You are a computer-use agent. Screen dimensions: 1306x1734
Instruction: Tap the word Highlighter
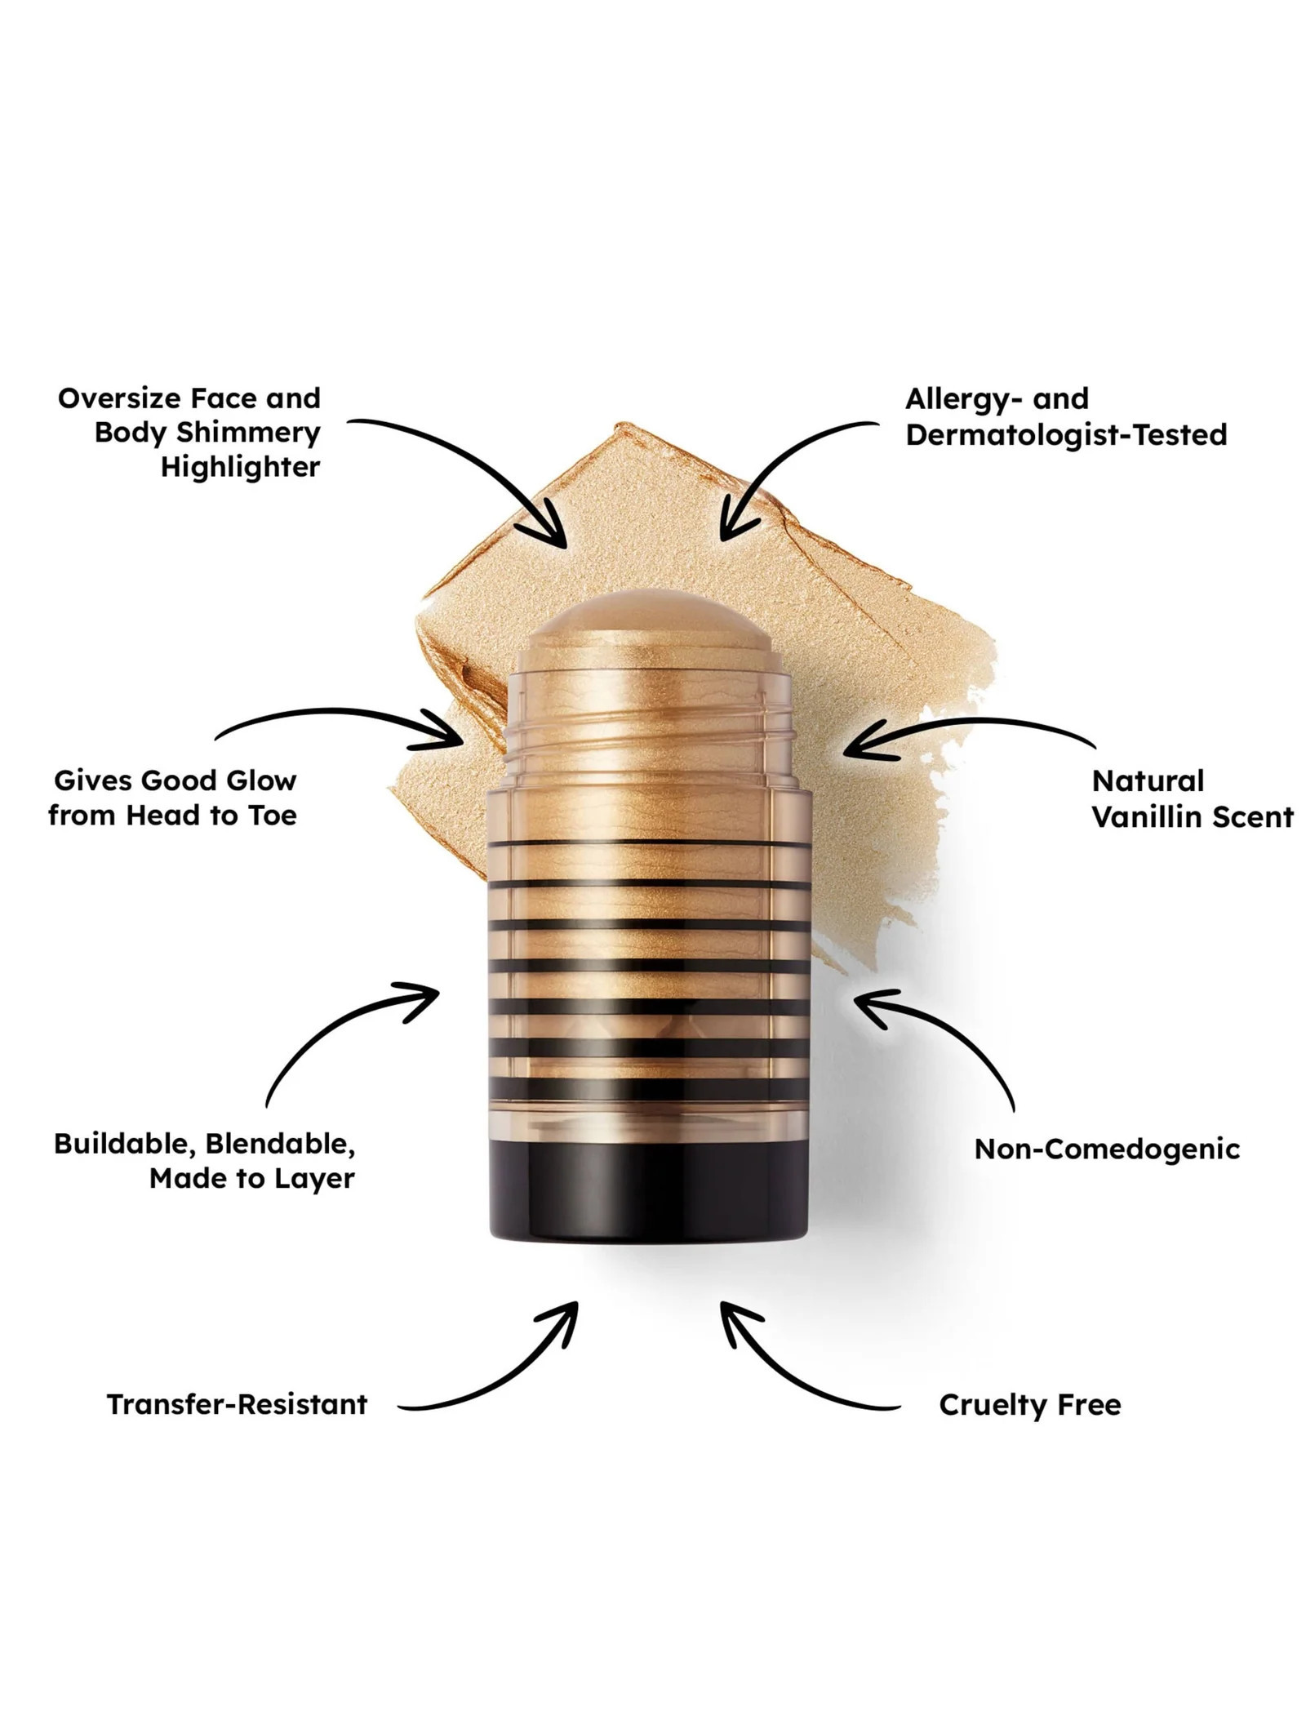[x=240, y=468]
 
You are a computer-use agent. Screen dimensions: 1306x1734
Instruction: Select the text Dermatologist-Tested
[x=1066, y=434]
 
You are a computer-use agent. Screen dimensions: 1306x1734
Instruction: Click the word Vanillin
[x=1147, y=817]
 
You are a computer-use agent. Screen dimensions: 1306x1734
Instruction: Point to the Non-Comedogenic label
[x=1107, y=1149]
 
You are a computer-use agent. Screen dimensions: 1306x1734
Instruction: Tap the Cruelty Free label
[x=1030, y=1405]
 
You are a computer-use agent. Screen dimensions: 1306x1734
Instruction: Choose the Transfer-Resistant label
[x=237, y=1404]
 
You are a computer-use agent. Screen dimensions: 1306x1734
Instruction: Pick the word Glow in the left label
[x=261, y=780]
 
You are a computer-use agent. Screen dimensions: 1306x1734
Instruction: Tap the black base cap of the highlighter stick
[x=648, y=1188]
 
